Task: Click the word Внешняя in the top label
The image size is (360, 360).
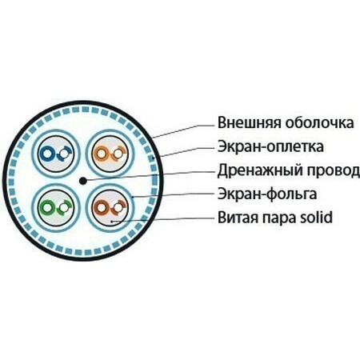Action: point(250,122)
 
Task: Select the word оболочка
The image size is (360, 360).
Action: point(320,123)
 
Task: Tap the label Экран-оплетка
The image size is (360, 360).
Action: point(270,146)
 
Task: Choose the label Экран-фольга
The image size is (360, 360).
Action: point(267,194)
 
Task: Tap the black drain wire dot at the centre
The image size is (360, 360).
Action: point(83,181)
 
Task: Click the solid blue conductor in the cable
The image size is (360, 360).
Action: point(48,154)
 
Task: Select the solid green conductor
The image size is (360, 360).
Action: point(48,207)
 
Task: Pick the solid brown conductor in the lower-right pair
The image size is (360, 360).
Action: point(101,207)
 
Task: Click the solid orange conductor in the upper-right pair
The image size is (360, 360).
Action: point(101,154)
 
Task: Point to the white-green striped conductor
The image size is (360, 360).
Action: point(64,207)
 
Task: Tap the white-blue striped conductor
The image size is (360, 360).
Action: point(64,154)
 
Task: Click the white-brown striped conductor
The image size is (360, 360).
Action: point(118,207)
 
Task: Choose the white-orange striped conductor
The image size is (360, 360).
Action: point(118,154)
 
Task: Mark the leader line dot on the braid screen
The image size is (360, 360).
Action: point(153,158)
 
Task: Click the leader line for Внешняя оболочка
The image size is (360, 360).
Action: point(183,131)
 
